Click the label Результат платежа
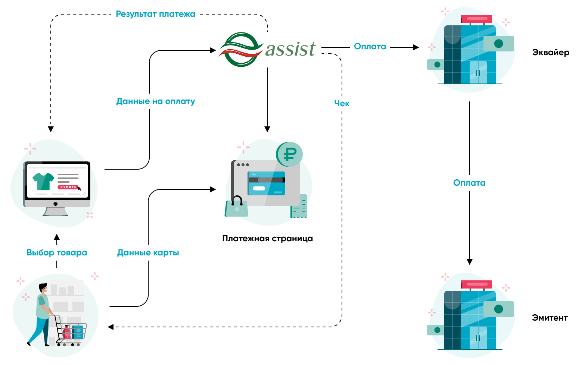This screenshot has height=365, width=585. pos(155,14)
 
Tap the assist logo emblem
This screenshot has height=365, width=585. pos(241,50)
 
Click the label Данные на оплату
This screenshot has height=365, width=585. pos(156,101)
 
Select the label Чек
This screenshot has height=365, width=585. pos(342,104)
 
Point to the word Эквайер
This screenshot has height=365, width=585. pos(551,52)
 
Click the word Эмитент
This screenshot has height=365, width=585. pos(550,318)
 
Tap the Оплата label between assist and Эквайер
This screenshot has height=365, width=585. pos(370,47)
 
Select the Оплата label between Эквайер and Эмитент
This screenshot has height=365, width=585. pos(469,183)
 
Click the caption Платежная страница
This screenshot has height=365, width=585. pos(267,239)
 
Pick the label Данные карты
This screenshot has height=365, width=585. pos(148,253)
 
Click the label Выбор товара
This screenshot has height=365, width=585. pos(57,253)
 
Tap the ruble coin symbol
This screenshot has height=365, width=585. pos(290,154)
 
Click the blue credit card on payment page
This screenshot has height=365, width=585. pos(267,183)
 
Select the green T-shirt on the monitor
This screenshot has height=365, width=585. pos(43,181)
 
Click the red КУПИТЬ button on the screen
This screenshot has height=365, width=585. pos(68,187)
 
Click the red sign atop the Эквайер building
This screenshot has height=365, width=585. pos(476,19)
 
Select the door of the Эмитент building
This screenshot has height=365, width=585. pos(478,338)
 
